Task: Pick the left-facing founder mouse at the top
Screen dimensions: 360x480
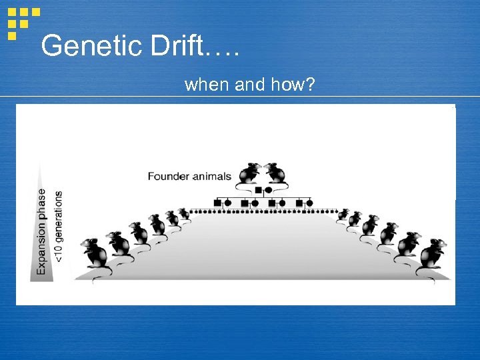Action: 251,173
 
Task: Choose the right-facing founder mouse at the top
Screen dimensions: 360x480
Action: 275,173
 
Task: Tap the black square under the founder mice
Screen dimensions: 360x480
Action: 259,190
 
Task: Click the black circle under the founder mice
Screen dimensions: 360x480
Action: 268,190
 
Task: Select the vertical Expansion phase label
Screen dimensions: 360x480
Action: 42,231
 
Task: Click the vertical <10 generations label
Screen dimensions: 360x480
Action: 59,227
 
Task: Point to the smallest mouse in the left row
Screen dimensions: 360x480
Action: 183,213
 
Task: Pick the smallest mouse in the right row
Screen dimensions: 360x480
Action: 343,214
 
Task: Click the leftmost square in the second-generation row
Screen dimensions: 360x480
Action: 217,202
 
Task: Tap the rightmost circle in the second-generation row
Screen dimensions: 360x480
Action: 309,202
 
